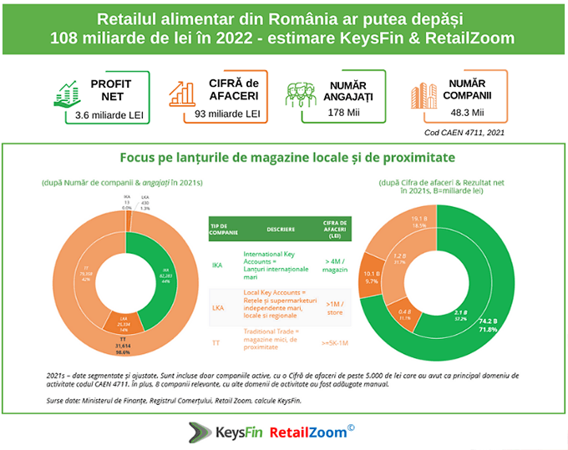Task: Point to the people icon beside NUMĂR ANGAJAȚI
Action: click(x=304, y=94)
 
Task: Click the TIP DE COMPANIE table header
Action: click(x=222, y=228)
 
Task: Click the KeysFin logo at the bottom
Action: click(x=222, y=432)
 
